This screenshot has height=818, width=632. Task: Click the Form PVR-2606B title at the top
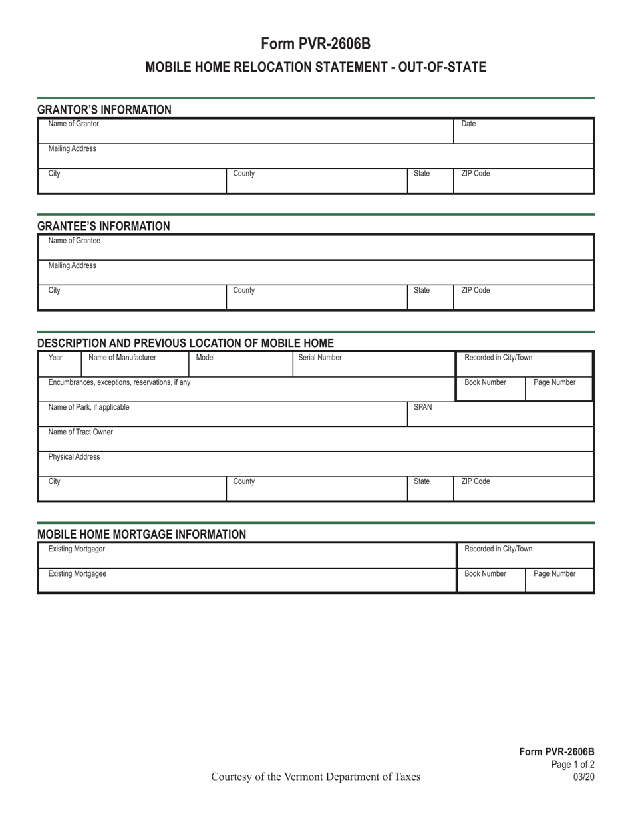315,44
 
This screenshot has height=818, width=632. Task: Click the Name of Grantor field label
73,124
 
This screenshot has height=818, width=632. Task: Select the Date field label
468,124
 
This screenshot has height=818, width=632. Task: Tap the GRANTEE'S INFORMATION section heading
104,226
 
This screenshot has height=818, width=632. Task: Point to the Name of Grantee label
74,241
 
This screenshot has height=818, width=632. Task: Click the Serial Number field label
320,358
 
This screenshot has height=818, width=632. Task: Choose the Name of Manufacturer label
122,358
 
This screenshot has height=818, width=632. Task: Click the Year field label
56,358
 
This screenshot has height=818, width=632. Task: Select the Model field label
205,358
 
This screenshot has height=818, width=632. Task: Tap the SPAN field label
424,407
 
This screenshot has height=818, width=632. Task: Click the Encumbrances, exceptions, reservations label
119,382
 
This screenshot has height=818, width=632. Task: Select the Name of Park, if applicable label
89,407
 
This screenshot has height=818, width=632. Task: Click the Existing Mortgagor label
77,549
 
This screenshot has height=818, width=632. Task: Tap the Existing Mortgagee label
77,573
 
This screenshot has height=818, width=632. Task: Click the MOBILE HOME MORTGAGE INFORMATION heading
142,534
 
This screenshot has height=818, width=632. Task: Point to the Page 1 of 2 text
573,765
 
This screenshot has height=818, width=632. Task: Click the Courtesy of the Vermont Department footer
315,777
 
